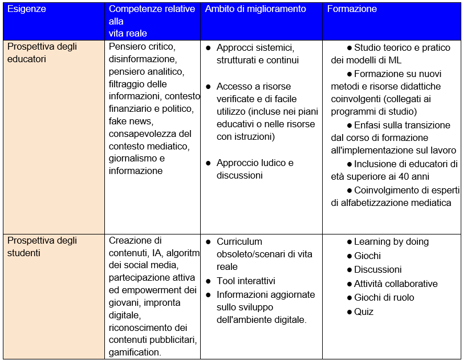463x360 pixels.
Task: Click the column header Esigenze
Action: tap(27, 9)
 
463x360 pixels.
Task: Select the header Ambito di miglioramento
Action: tap(255, 9)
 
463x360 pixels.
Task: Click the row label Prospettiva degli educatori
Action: tap(42, 52)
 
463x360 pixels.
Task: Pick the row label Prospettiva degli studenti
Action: tap(42, 246)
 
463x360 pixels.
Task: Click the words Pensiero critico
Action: tap(141, 47)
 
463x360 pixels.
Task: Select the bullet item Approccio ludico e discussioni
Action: tap(255, 169)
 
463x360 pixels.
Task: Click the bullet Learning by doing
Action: tap(391, 242)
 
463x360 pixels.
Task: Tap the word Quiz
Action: tap(364, 312)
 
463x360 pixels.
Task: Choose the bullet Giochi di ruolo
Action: tap(384, 297)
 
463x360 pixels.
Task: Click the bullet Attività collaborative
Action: tap(396, 284)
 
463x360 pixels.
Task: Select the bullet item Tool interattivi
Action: tap(246, 281)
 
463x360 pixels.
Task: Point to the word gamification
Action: tap(134, 353)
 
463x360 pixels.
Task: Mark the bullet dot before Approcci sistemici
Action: tap(209, 48)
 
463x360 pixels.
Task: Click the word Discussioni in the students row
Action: tap(377, 269)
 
